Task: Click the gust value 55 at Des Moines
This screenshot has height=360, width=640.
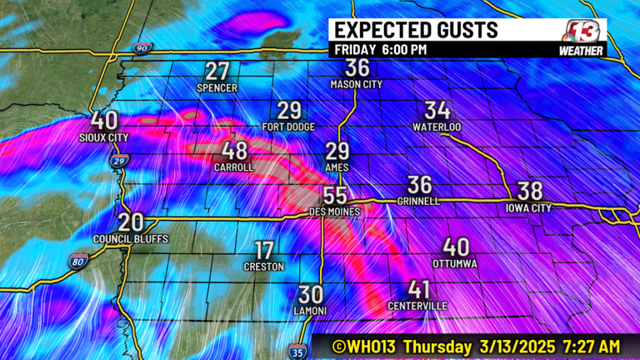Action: (x=335, y=196)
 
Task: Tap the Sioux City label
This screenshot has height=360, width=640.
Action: (x=104, y=137)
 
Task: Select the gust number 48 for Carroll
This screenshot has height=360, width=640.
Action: (x=234, y=151)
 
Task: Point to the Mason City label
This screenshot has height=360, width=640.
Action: (x=357, y=84)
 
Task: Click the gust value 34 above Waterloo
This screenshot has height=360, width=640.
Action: (x=437, y=110)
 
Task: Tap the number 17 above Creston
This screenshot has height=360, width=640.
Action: (x=263, y=250)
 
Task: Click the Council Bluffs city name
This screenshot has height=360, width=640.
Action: (x=131, y=239)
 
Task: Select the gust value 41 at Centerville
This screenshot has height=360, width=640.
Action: (x=419, y=290)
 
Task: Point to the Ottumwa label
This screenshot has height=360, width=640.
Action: (x=455, y=263)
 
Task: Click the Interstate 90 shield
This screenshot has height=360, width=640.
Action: (x=140, y=51)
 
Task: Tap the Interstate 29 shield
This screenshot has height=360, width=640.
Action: (x=120, y=160)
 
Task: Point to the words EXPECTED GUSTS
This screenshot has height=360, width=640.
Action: (x=416, y=30)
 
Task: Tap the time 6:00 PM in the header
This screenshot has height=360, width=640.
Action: (x=404, y=50)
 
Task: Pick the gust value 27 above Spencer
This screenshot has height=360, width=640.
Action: (x=217, y=71)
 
